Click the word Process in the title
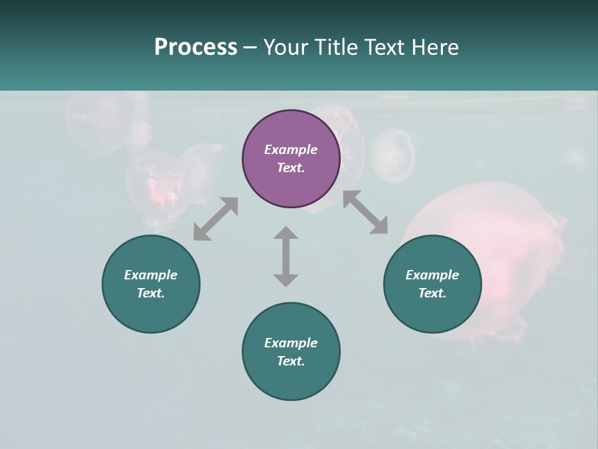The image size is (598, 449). pyautogui.click(x=196, y=47)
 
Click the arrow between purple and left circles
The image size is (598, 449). pyautogui.click(x=216, y=219)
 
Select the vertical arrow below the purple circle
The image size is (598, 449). pyautogui.click(x=286, y=256)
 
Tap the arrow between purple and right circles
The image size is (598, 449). pyautogui.click(x=365, y=212)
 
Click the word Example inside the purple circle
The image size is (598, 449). pyautogui.click(x=291, y=150)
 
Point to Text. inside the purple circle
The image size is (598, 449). pyautogui.click(x=291, y=168)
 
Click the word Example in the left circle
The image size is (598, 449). pyautogui.click(x=151, y=275)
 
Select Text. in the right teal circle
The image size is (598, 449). pyautogui.click(x=432, y=293)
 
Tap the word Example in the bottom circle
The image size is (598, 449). pyautogui.click(x=291, y=343)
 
